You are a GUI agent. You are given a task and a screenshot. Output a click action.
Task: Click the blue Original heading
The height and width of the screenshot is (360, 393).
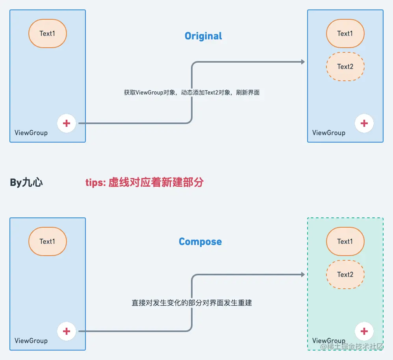pos(203,36)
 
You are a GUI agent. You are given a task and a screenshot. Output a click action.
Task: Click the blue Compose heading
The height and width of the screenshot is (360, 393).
pos(200,241)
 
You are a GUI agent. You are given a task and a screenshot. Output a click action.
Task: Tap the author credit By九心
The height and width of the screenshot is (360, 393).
pos(26,182)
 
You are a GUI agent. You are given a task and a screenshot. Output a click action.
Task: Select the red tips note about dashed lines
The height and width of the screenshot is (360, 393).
pos(145,182)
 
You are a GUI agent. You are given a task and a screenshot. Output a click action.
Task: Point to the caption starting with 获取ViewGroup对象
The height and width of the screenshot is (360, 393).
pos(192,93)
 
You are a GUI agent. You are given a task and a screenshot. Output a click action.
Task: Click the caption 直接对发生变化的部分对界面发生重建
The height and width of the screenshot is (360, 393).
pos(192,303)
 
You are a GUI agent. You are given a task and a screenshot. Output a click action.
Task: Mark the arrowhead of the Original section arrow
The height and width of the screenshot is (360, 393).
pos(303,62)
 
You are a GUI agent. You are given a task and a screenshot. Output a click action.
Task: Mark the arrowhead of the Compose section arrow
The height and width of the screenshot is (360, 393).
pos(303,275)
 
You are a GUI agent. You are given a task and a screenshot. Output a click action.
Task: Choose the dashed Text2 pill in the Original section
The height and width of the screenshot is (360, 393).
pos(345,67)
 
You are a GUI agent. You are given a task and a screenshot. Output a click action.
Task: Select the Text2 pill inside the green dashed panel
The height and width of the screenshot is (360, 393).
pos(345,275)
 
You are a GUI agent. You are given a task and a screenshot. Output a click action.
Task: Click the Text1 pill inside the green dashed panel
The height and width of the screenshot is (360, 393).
pos(345,241)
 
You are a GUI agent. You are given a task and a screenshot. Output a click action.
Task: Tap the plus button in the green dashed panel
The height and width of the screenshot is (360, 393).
pos(364,331)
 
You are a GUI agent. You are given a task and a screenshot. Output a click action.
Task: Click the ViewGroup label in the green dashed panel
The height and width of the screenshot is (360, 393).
pos(329,341)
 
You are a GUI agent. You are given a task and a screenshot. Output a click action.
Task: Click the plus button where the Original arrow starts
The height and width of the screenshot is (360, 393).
pos(67,123)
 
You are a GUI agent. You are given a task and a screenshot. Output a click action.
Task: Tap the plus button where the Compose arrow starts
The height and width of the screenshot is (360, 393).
pos(67,331)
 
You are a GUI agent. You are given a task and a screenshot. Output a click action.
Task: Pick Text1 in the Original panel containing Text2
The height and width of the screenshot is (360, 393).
pos(345,33)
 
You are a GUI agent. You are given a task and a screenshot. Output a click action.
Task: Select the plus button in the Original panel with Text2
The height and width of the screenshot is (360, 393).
pos(364,123)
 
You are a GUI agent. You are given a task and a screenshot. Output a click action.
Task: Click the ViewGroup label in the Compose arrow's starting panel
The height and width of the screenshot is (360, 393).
pos(31,341)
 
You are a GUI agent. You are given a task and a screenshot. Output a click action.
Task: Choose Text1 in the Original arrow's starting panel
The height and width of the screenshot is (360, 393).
pos(47,33)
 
